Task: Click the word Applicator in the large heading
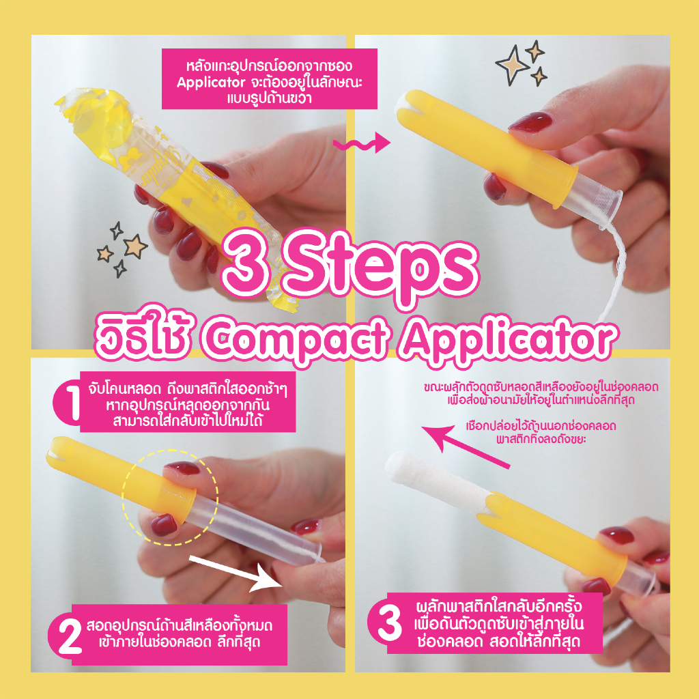tap(508, 341)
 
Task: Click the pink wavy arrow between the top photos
tap(362, 143)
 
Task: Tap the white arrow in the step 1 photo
tap(236, 573)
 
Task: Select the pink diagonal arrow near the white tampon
tap(466, 446)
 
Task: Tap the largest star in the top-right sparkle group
tap(513, 65)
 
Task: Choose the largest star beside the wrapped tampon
tap(136, 246)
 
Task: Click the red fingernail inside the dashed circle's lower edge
tap(164, 525)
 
